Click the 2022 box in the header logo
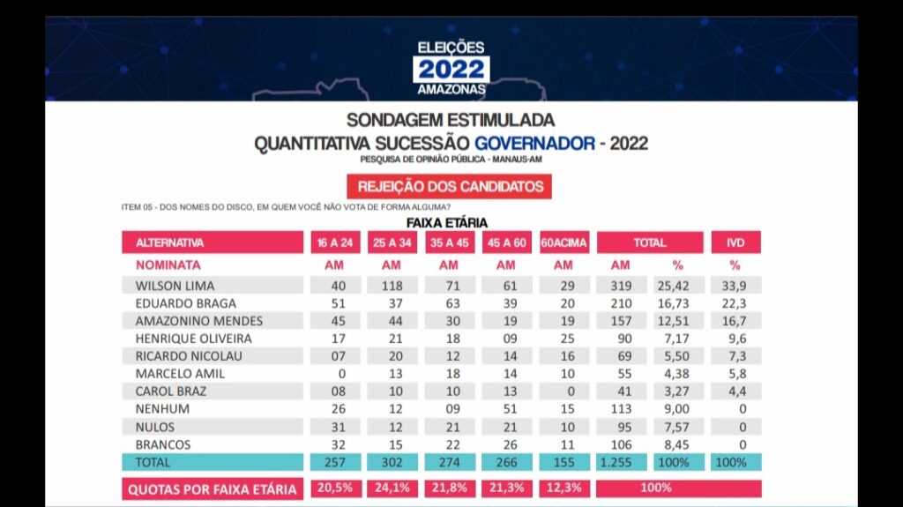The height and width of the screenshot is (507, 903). pos(451,69)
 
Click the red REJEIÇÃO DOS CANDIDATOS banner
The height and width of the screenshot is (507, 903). pos(450,187)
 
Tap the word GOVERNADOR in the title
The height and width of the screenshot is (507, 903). pos(534,143)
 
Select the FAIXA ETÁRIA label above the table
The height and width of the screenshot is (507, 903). pos(446,223)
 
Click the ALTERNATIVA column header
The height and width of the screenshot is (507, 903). pos(170,242)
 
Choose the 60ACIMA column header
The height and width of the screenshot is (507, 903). pos(563,242)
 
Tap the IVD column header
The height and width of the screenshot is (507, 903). pos(735,242)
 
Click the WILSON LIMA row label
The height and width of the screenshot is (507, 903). pos(175,286)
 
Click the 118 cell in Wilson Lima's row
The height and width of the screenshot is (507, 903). pos(391,286)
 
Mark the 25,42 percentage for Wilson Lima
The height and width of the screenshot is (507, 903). pos(678,286)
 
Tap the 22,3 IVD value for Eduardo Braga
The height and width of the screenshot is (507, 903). pos(735,303)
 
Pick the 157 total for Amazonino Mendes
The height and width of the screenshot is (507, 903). pos(621,321)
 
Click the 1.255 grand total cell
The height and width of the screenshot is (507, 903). pos(621,462)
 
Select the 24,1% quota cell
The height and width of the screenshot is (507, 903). pos(391,488)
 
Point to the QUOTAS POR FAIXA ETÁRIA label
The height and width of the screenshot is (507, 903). pos(212,488)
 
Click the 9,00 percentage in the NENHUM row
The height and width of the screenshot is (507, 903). pos(678,409)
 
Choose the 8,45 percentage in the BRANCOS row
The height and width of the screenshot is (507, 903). pos(678,444)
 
